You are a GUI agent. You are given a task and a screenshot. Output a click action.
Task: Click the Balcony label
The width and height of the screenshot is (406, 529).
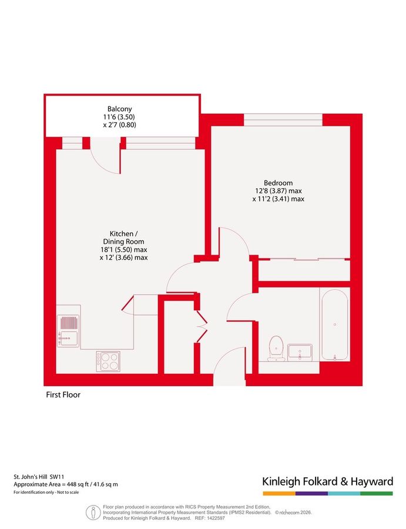119,109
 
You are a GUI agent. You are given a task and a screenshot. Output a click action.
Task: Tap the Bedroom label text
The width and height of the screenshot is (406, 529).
279,183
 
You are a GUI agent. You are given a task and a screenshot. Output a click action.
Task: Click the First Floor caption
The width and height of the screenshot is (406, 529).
63,395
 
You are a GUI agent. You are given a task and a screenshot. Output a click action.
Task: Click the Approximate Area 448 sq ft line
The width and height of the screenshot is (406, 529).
66,484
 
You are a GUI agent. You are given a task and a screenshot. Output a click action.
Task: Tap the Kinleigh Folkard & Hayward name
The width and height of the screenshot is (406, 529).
327,482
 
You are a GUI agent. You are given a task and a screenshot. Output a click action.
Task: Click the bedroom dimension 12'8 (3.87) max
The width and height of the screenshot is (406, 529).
279,191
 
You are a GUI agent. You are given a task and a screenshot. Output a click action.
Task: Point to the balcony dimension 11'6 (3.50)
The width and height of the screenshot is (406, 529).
119,117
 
